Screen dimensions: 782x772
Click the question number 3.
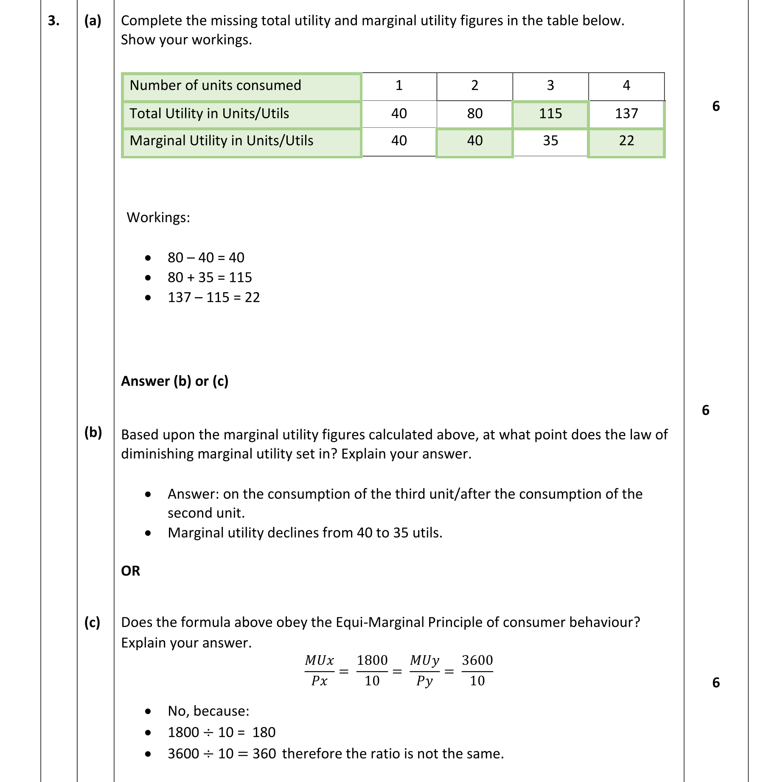coord(53,20)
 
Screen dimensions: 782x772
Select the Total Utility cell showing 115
coord(550,114)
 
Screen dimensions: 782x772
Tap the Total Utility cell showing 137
coord(626,114)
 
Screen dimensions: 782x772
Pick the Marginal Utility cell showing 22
coord(626,141)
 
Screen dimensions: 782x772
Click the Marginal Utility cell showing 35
coord(550,141)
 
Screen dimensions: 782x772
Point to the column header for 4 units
coord(626,86)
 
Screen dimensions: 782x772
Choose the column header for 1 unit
coord(399,86)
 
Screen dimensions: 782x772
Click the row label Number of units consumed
coord(215,86)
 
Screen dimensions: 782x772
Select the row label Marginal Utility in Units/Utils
coord(221,141)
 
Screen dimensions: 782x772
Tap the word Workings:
coord(158,218)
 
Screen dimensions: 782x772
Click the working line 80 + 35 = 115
coord(210,278)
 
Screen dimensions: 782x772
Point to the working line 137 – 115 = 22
coord(213,298)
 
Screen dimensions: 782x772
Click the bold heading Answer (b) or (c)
coord(174,381)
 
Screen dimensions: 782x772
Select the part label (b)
coord(93,433)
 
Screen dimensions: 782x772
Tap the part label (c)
coord(92,622)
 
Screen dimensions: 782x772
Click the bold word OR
coord(130,571)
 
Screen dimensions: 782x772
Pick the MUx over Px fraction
coord(319,671)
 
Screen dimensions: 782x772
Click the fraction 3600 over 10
coord(477,671)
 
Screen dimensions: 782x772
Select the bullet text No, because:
coord(208,711)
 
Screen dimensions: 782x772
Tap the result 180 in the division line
coord(264,732)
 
